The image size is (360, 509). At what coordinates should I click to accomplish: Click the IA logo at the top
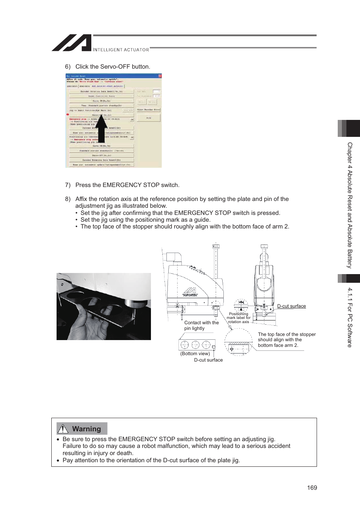tap(72, 43)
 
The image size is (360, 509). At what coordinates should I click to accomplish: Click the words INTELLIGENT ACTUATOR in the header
tap(121, 50)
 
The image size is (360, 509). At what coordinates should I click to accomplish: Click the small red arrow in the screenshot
tap(68, 114)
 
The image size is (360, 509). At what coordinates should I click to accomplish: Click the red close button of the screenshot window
tap(160, 76)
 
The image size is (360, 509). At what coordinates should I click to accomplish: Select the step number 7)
tap(68, 185)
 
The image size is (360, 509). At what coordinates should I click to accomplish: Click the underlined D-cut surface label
tap(291, 306)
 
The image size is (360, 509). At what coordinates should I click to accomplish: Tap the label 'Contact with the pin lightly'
tap(201, 325)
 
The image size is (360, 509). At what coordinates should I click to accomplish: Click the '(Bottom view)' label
tap(195, 354)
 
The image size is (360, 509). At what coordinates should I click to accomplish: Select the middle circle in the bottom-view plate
tap(195, 345)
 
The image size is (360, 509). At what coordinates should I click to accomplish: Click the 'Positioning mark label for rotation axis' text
tap(238, 318)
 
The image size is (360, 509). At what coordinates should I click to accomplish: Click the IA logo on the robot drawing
tap(190, 291)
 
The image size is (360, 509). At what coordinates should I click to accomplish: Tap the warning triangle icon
tap(63, 429)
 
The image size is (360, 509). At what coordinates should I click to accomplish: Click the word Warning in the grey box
tap(86, 429)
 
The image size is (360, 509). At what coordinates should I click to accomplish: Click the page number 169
tap(312, 488)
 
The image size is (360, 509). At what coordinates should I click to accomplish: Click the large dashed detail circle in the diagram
tap(238, 342)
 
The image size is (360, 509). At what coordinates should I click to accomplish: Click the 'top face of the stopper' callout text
tap(286, 340)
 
